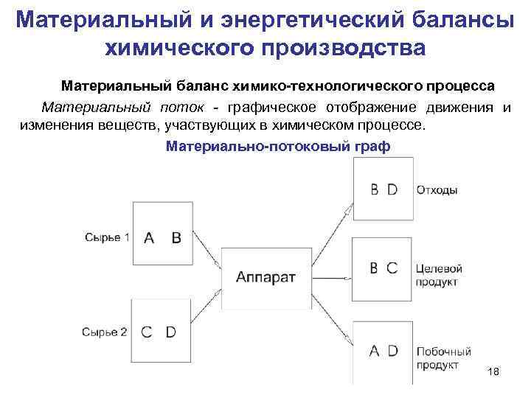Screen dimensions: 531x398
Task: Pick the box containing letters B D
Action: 383,190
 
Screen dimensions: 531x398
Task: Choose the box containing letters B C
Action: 383,268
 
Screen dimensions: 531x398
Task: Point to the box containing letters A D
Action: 383,351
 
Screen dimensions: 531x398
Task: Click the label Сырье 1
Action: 107,237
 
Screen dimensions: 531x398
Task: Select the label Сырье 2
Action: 105,332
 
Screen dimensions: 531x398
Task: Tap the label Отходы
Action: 437,190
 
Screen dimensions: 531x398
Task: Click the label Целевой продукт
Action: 439,275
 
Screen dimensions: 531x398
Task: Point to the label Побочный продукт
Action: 442,358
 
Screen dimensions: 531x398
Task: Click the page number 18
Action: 493,373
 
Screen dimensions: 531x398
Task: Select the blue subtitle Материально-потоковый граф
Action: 278,146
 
